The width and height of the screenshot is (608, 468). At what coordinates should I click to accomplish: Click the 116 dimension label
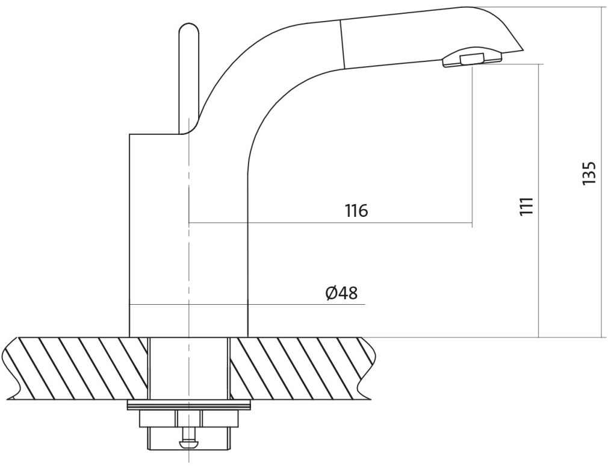click(x=356, y=210)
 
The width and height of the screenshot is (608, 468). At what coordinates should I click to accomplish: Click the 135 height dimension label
click(x=589, y=173)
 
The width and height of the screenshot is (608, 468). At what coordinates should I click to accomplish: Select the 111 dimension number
click(x=527, y=207)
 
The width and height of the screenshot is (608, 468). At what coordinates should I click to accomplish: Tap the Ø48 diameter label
click(x=341, y=293)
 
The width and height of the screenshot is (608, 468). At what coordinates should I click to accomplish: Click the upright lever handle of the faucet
click(x=189, y=78)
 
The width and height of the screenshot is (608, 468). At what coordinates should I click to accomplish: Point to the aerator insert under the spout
click(x=471, y=59)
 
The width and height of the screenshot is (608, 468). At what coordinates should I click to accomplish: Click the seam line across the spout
click(x=343, y=43)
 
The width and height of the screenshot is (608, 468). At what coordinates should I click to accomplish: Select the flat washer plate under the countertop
click(x=188, y=405)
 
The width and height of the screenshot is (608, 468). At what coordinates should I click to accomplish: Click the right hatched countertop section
click(x=302, y=368)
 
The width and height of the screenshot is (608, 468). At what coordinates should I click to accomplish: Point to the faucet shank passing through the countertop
click(x=189, y=369)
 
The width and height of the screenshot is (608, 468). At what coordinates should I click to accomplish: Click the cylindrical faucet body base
click(x=188, y=236)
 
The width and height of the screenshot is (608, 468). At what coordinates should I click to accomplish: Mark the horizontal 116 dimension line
click(x=330, y=223)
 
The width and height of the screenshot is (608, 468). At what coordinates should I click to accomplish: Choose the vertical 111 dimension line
click(x=539, y=200)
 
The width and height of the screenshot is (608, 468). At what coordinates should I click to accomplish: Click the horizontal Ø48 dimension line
click(x=247, y=305)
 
